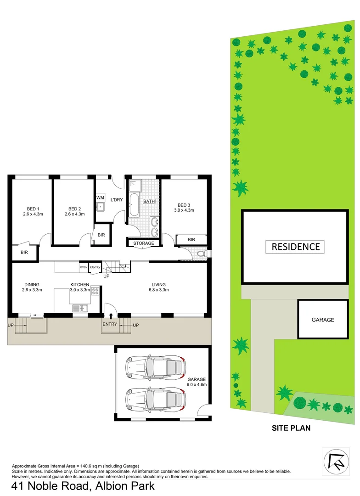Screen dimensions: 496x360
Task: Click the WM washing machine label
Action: pos(101,197)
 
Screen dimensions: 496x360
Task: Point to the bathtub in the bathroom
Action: pos(135,205)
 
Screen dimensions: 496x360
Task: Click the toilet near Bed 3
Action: pos(201,253)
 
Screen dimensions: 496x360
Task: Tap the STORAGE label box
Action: pos(144,243)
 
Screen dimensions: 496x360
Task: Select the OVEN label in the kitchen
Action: pos(84,267)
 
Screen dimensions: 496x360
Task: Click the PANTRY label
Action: pos(95,267)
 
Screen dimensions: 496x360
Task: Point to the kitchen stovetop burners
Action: pos(96,290)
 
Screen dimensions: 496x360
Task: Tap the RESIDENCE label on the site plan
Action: pos(295,247)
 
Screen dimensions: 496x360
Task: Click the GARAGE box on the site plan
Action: pos(323,320)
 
